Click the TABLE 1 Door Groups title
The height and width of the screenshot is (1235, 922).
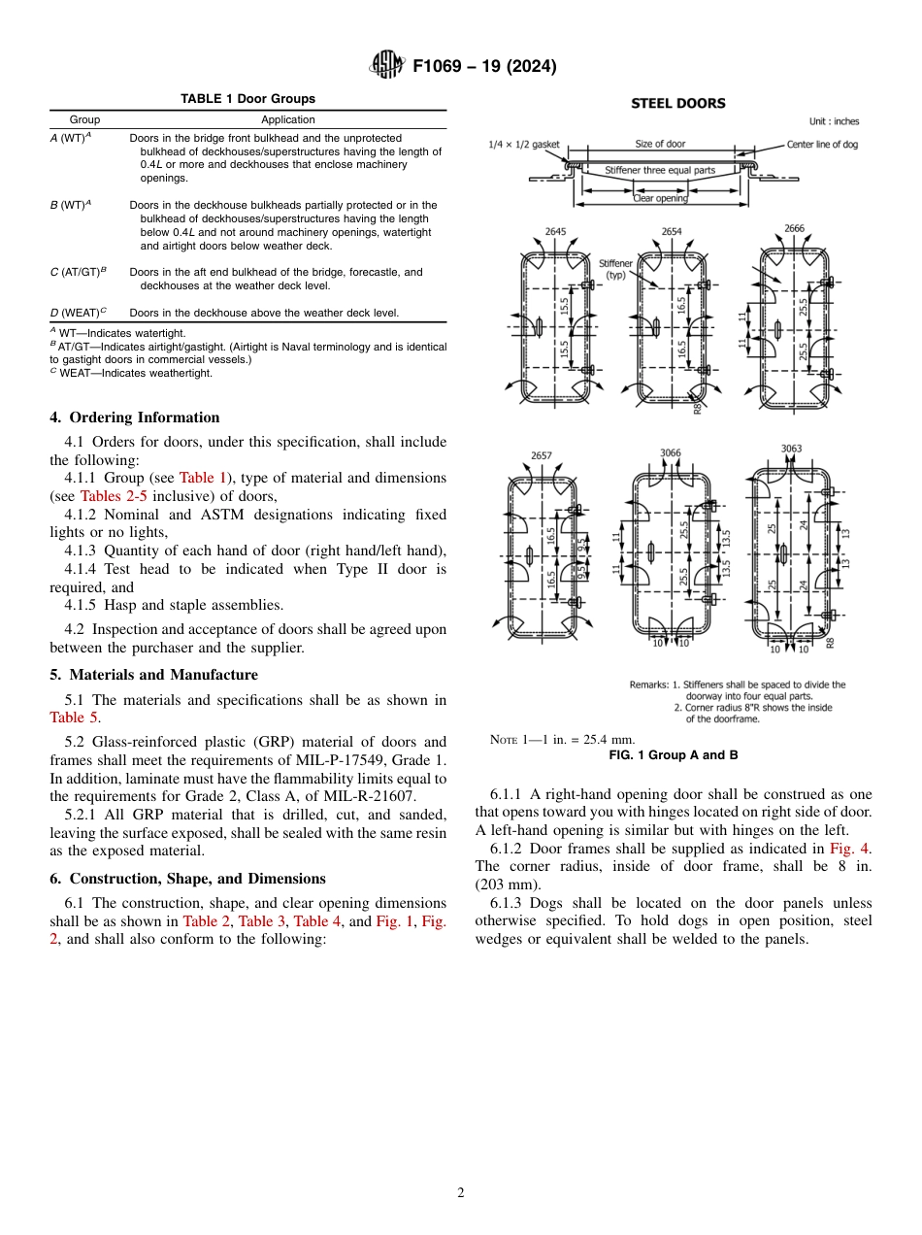[247, 99]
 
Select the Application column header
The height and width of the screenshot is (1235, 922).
[288, 119]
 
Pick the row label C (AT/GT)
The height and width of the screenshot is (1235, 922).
[77, 273]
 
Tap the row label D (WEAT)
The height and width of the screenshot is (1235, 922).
[78, 313]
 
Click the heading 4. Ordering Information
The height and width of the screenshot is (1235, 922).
[135, 417]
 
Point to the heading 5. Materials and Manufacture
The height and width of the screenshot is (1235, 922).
[153, 675]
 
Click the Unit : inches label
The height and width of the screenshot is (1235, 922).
[834, 121]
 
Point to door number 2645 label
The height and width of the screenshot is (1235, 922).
[556, 232]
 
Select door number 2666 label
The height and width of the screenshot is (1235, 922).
[793, 229]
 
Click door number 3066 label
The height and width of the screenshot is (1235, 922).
[671, 452]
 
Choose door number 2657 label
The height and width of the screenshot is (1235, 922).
[542, 454]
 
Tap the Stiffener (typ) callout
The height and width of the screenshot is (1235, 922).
[615, 269]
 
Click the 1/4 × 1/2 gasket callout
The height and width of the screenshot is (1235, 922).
[523, 145]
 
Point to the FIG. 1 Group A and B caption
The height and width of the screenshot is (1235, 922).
[673, 754]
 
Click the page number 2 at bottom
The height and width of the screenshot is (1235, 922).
[461, 1193]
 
